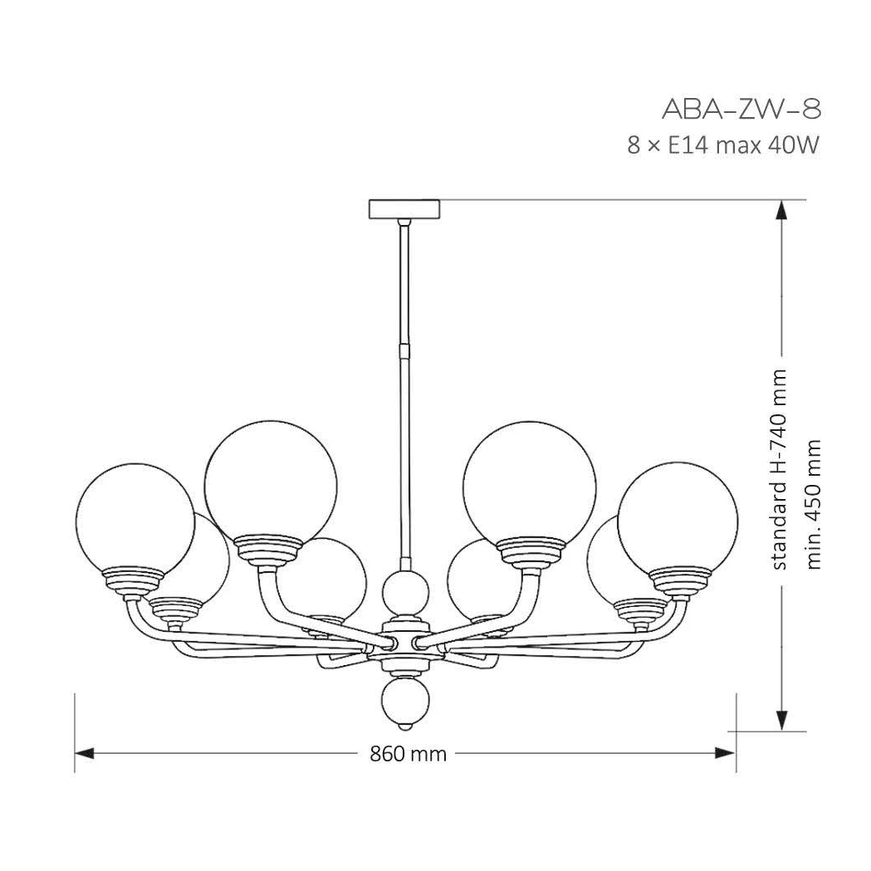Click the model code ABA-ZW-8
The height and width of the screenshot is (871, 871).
(x=741, y=109)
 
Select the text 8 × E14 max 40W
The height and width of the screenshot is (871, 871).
(x=723, y=145)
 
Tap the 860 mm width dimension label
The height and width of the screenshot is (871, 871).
(x=409, y=754)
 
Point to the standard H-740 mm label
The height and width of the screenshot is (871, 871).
(x=780, y=469)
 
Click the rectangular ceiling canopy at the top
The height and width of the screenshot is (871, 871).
(x=404, y=208)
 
